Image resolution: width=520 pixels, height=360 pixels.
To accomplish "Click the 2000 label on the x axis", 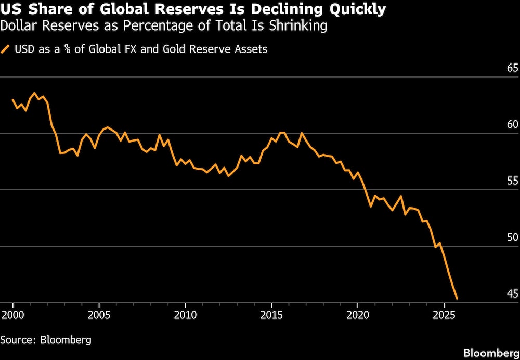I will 12,315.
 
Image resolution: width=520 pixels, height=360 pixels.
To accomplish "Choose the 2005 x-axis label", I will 99,315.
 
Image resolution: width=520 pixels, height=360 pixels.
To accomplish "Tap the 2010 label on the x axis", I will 185,315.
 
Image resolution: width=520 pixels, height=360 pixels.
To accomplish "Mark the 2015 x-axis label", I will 271,315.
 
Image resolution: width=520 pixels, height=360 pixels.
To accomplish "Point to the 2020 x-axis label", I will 358,315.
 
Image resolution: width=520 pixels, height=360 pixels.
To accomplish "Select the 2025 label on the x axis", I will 444,315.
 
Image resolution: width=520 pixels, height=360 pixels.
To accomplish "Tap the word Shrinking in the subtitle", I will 295,25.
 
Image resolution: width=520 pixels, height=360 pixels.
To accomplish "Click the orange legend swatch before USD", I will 6,49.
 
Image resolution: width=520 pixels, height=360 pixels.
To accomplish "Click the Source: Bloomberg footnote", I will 46,340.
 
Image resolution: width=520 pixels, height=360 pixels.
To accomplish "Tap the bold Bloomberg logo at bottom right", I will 491,353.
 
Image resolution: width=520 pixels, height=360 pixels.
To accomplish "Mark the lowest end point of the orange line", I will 457,299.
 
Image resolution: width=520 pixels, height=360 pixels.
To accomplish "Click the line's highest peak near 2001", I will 34,93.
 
